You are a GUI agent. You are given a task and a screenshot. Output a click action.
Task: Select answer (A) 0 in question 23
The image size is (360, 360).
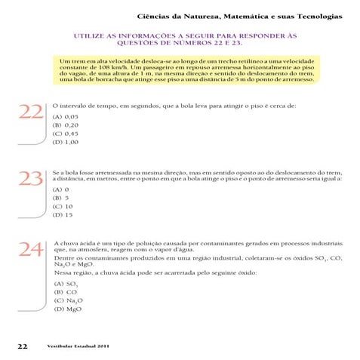pos(61,191)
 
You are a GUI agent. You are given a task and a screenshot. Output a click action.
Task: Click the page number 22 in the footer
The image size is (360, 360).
pos(22,346)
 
